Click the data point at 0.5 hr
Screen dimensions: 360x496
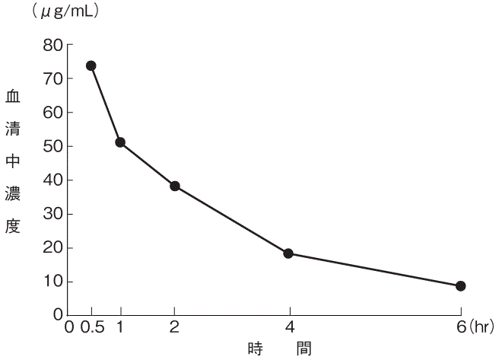[x=91, y=65]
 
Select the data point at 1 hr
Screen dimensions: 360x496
[x=120, y=142]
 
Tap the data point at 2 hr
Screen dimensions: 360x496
[x=175, y=186]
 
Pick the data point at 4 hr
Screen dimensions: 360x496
[x=288, y=253]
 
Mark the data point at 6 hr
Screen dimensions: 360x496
[x=460, y=286]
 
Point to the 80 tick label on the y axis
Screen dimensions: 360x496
[x=52, y=45]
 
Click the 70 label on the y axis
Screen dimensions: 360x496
[x=52, y=78]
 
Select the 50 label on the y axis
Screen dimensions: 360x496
[x=52, y=146]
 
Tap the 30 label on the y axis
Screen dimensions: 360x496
[x=52, y=214]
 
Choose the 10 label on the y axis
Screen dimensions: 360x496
[x=52, y=282]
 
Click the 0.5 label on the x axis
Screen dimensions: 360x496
[x=91, y=328]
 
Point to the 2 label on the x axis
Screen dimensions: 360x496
[x=175, y=328]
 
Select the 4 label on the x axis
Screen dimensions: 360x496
[x=289, y=328]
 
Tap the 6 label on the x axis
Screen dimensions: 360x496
[x=460, y=328]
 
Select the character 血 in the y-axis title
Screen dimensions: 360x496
[x=13, y=97]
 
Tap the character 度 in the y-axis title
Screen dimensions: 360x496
[x=13, y=226]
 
